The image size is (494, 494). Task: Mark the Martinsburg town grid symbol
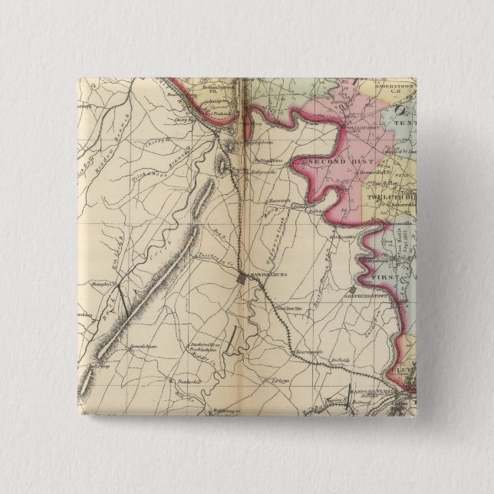[x=243, y=278]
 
